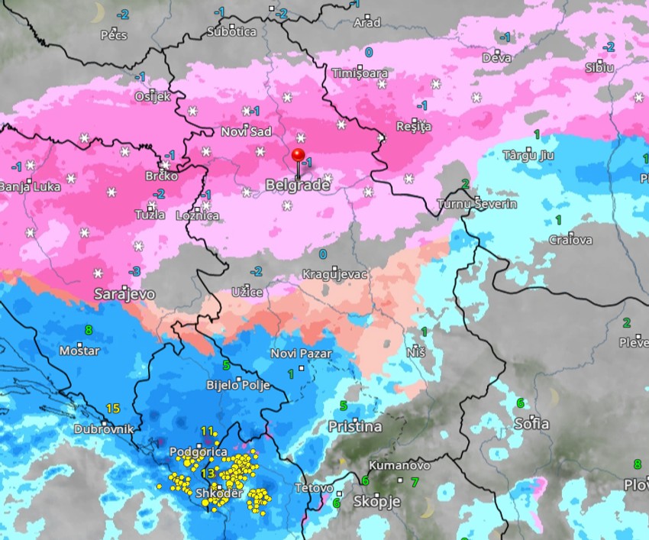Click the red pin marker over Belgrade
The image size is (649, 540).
pyautogui.click(x=298, y=156)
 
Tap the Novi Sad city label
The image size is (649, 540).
pyautogui.click(x=246, y=132)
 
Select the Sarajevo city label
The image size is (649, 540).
pyautogui.click(x=124, y=294)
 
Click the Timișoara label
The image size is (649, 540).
pyautogui.click(x=360, y=73)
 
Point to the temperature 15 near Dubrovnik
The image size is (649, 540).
pyautogui.click(x=113, y=409)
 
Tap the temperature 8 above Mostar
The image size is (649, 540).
pyautogui.click(x=89, y=330)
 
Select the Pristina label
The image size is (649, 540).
pyautogui.click(x=354, y=427)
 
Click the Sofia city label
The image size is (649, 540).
pyautogui.click(x=531, y=423)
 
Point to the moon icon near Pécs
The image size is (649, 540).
pyautogui.click(x=97, y=11)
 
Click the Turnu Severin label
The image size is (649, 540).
pyautogui.click(x=476, y=204)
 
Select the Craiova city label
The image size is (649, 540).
pyautogui.click(x=570, y=240)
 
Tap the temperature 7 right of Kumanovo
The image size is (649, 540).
pyautogui.click(x=415, y=482)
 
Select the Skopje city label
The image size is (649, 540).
pyautogui.click(x=376, y=502)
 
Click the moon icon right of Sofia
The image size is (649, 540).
pyautogui.click(x=554, y=397)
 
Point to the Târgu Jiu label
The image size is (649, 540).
pyautogui.click(x=528, y=155)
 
